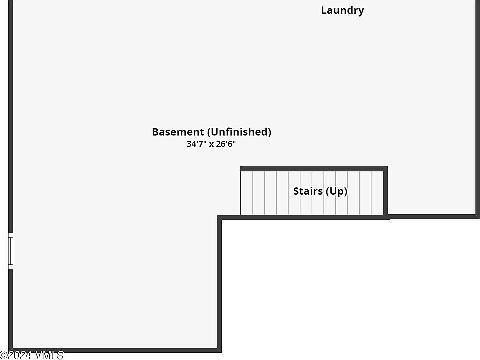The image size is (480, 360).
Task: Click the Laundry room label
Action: coord(342,10)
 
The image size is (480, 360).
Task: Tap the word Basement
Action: coord(178,132)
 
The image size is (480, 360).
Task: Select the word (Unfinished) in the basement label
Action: coord(239,132)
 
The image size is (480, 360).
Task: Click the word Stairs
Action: coord(307,191)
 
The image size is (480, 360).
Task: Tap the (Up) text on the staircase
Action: coord(336,191)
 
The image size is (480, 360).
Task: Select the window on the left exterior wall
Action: coord(10,251)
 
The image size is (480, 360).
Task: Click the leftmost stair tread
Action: coord(247,193)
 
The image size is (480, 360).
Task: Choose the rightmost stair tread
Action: coord(377,193)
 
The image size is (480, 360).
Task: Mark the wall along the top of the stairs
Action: coord(313,169)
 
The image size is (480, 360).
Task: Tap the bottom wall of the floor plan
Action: coord(115,350)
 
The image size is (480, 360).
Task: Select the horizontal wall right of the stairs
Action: coord(433,216)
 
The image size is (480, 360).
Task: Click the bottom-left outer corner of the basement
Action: coord(10,350)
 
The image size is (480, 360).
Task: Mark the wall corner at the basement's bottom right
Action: coord(219,350)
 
